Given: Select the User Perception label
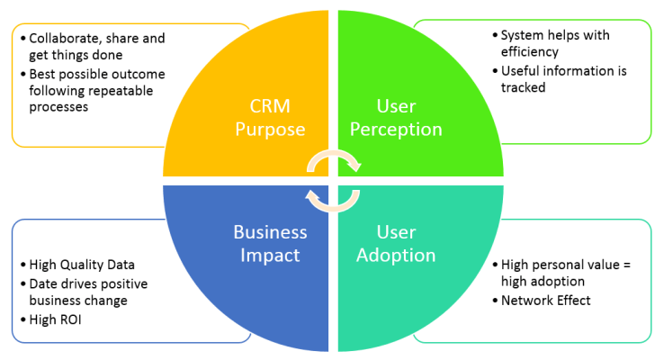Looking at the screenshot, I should [396, 117].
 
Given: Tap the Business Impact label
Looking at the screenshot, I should [270, 243].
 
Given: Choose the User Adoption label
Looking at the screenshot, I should [396, 243].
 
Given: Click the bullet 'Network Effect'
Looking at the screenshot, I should [546, 300].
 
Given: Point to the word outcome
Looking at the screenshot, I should [141, 73].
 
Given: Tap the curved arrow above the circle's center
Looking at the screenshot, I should [335, 160].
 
